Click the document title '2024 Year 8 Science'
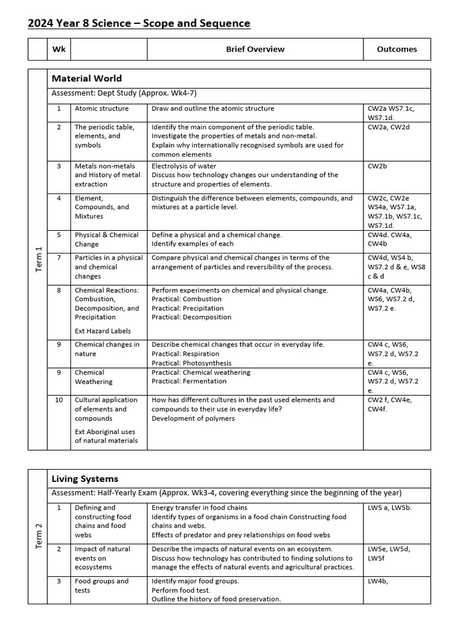tap(139, 23)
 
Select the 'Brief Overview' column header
tap(255, 49)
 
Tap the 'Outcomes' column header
tap(397, 49)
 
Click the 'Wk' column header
tap(59, 49)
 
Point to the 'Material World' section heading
tap(86, 78)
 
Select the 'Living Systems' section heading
tap(84, 479)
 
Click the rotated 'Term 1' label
tap(38, 259)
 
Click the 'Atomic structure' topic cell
tap(102, 108)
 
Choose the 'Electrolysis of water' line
tap(184, 166)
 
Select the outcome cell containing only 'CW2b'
tap(377, 166)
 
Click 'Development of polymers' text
tap(193, 418)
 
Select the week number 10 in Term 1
tap(59, 400)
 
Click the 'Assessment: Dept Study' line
tap(124, 93)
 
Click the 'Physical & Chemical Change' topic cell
tap(106, 239)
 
